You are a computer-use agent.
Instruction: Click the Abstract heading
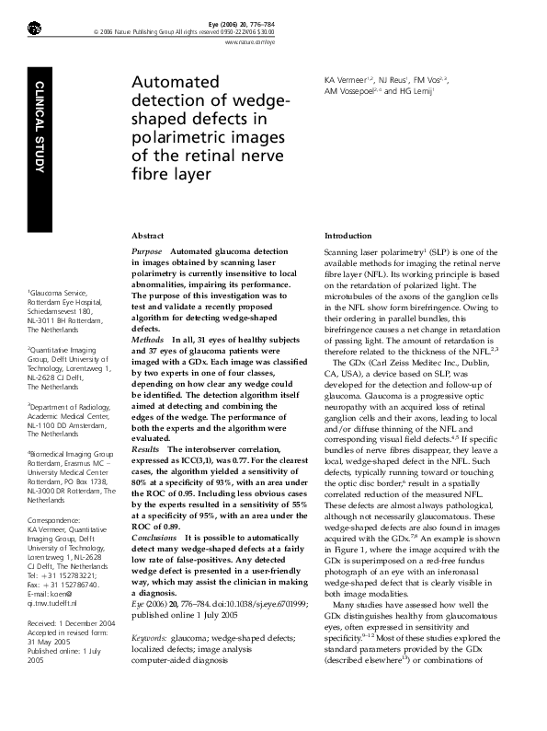point(149,236)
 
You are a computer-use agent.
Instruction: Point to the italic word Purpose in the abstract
point(147,251)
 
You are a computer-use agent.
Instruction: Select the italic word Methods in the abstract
point(148,340)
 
